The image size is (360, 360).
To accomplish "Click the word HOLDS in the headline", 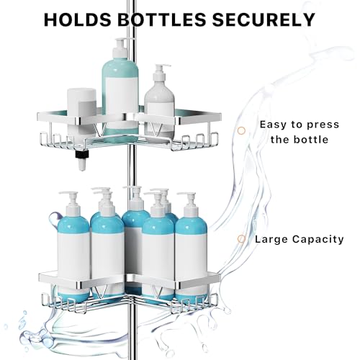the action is (x=78, y=19).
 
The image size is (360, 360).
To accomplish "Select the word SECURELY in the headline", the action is (x=264, y=19).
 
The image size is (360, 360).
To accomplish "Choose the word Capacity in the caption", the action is (x=318, y=240).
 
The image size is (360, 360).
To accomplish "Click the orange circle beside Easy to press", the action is (x=241, y=131).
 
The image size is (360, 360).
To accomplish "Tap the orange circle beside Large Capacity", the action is (x=241, y=239).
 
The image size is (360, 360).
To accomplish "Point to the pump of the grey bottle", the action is (x=161, y=73).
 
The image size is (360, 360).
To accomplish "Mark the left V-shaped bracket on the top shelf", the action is (x=99, y=130).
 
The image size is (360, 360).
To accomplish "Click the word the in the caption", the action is (x=280, y=140).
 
